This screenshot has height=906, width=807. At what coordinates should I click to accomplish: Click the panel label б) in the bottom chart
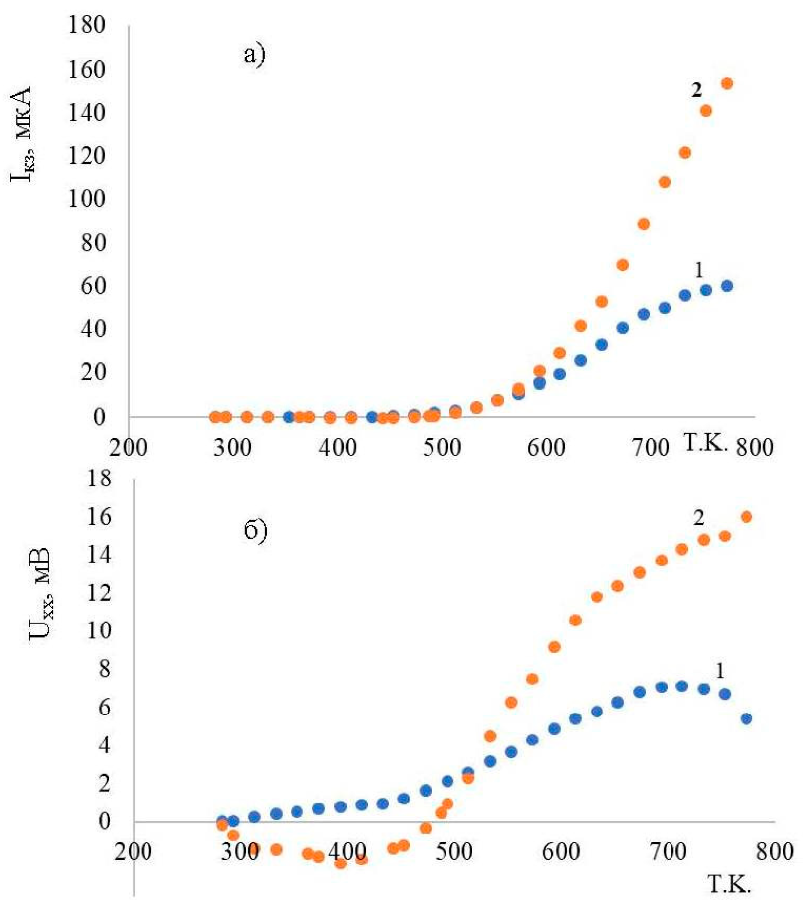click(x=255, y=530)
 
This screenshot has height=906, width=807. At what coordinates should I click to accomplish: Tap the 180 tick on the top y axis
click(x=86, y=25)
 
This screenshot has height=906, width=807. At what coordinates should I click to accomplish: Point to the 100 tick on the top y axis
click(x=86, y=198)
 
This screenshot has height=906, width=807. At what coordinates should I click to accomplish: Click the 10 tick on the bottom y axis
click(x=98, y=630)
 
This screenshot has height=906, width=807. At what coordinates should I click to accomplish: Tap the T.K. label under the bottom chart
click(x=729, y=884)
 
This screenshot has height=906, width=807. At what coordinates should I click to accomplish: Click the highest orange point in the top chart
click(x=727, y=84)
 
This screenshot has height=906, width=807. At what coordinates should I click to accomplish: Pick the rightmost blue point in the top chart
click(x=727, y=286)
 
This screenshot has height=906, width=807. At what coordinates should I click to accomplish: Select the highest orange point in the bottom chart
click(x=746, y=517)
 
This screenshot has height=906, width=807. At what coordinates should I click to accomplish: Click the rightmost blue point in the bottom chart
click(x=746, y=719)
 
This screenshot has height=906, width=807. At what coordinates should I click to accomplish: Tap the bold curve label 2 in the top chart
click(x=696, y=91)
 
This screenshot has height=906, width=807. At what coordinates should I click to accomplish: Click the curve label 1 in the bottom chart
click(x=719, y=672)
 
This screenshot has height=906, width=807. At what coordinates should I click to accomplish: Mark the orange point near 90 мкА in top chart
click(x=643, y=224)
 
